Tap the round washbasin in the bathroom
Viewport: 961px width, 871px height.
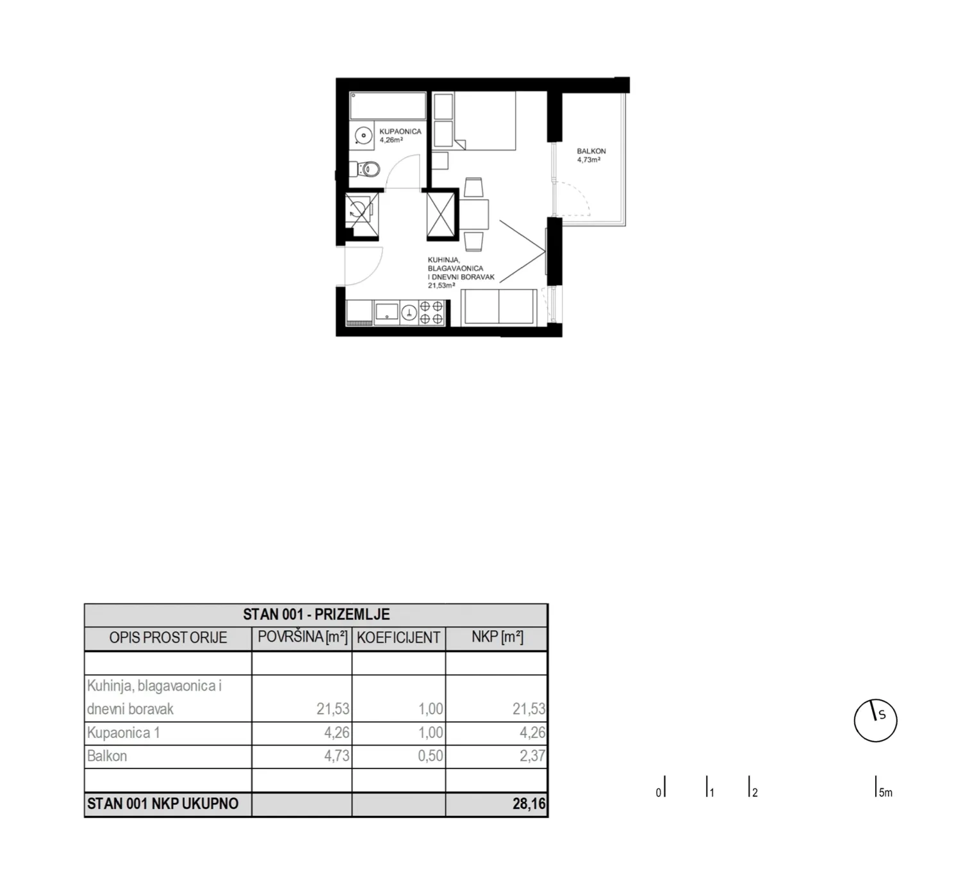tap(364, 136)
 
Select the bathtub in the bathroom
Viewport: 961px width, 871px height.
tap(388, 106)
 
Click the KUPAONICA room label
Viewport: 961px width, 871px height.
tap(400, 131)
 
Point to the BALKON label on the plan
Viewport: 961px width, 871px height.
tap(591, 151)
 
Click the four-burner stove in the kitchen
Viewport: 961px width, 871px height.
tap(431, 313)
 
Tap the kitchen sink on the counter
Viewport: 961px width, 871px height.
tap(386, 313)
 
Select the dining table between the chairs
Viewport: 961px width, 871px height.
tap(474, 214)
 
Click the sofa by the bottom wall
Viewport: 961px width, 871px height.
tap(498, 307)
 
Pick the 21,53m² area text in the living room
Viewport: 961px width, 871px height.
tap(441, 286)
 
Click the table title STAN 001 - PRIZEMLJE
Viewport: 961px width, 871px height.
tap(316, 614)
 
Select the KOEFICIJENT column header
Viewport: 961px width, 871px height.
tap(398, 638)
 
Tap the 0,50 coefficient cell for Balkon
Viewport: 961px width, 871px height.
tap(431, 756)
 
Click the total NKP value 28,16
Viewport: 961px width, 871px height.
tap(529, 804)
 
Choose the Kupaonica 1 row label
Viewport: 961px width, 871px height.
tap(123, 733)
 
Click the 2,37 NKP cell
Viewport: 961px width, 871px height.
tap(533, 756)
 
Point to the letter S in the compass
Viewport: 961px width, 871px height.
tap(882, 716)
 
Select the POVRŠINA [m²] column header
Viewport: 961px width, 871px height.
tap(302, 637)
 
